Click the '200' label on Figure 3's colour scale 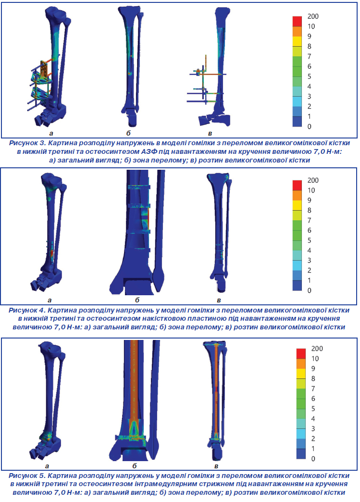(313, 16)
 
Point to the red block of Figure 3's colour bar (297, 21)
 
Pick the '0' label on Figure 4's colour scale (309, 290)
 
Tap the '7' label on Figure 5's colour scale (313, 389)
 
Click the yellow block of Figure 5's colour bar (301, 374)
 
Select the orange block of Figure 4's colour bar (297, 195)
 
